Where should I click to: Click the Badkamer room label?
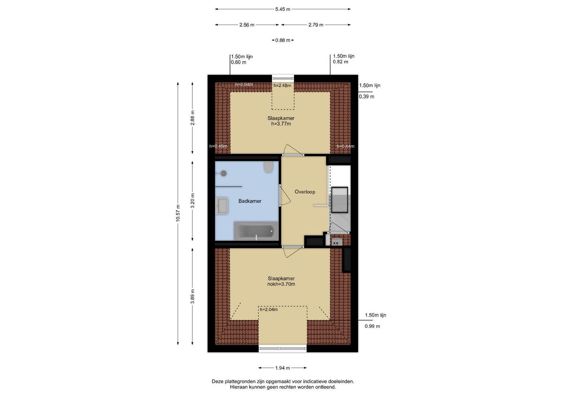pyautogui.click(x=250, y=201)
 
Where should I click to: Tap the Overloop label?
pyautogui.click(x=305, y=192)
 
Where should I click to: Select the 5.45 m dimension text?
pyautogui.click(x=283, y=9)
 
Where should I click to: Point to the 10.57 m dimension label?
pyautogui.click(x=178, y=213)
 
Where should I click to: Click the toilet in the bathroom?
pyautogui.click(x=268, y=167)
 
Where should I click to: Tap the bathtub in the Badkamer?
pyautogui.click(x=256, y=231)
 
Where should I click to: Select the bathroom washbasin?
pyautogui.click(x=222, y=206)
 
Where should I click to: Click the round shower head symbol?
pyautogui.click(x=223, y=173)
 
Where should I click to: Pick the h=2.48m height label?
pyautogui.click(x=282, y=85)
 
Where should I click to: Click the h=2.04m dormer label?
pyautogui.click(x=269, y=310)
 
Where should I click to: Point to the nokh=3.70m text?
pyautogui.click(x=281, y=284)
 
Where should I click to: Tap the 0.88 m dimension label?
pyautogui.click(x=283, y=40)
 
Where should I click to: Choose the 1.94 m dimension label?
pyautogui.click(x=283, y=368)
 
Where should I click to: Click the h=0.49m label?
pyautogui.click(x=218, y=146)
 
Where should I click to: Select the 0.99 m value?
pyautogui.click(x=372, y=326)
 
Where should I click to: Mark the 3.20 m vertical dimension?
pyautogui.click(x=192, y=201)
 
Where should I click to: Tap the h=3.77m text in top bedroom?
pyautogui.click(x=281, y=124)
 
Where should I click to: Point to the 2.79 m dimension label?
pyautogui.click(x=316, y=25)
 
